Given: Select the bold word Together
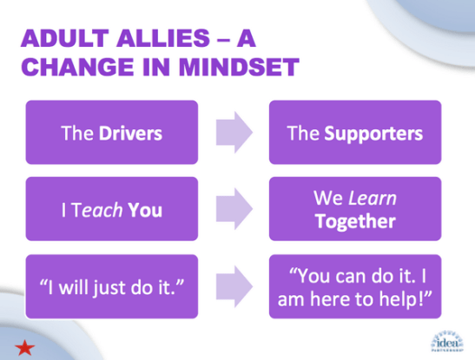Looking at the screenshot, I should click(x=354, y=220).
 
